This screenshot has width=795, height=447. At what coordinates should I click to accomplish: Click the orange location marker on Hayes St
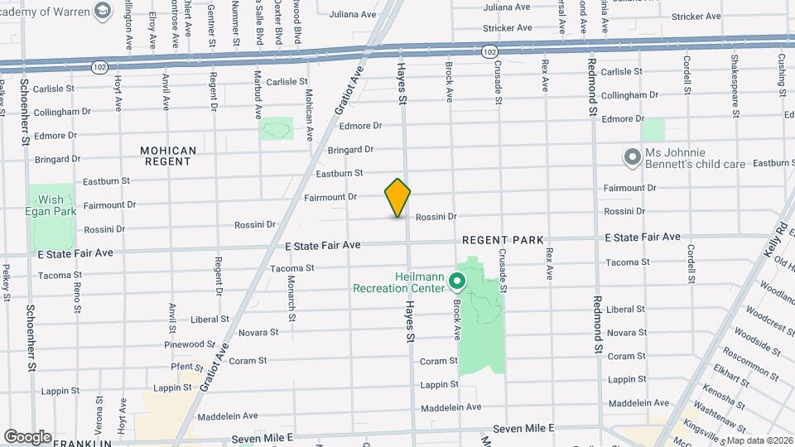tap(397, 198)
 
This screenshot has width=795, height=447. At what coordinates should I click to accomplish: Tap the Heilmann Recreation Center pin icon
tap(456, 283)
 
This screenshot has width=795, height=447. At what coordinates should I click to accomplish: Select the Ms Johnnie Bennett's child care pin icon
tap(633, 156)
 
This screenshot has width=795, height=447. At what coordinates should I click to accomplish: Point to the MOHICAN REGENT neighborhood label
tap(168, 156)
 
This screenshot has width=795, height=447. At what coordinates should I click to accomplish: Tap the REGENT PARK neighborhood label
tap(503, 240)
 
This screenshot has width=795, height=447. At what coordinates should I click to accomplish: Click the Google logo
tap(27, 436)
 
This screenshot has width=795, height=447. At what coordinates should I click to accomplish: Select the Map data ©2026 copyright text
tap(759, 440)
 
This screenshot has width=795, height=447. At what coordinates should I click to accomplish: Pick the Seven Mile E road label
tap(523, 429)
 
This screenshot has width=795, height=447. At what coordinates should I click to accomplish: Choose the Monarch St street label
tap(291, 299)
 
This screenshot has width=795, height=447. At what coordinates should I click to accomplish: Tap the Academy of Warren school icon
tap(103, 11)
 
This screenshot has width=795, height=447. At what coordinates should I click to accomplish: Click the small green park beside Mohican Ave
tap(277, 128)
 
